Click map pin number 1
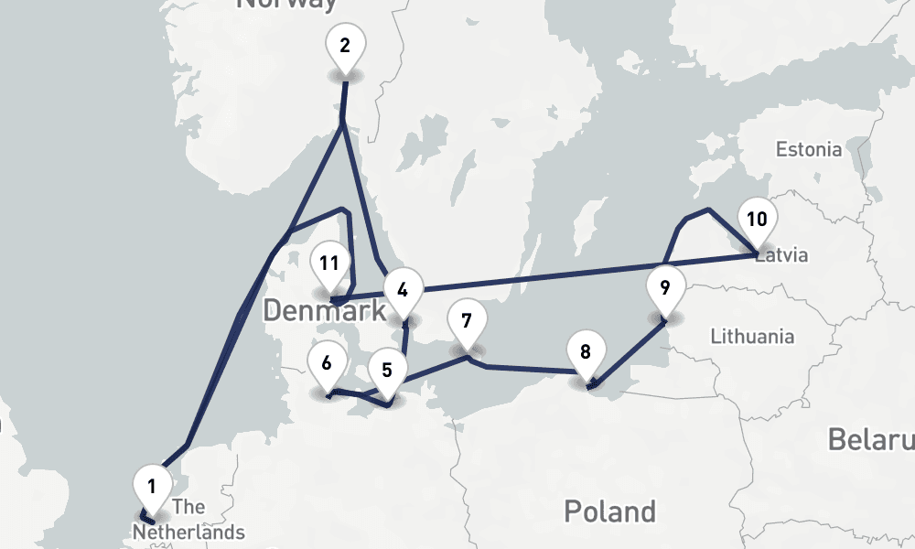coord(152,484)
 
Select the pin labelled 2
coord(345,45)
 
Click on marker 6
coord(327,362)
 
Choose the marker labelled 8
coord(586,351)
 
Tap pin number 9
coord(665,286)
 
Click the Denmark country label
coord(324,311)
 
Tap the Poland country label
coord(609,511)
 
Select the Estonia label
coord(808,149)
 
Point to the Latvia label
coord(783,255)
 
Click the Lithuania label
coord(752,336)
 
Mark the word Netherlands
coord(188,532)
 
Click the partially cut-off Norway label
coord(285,5)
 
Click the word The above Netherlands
coord(188,507)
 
